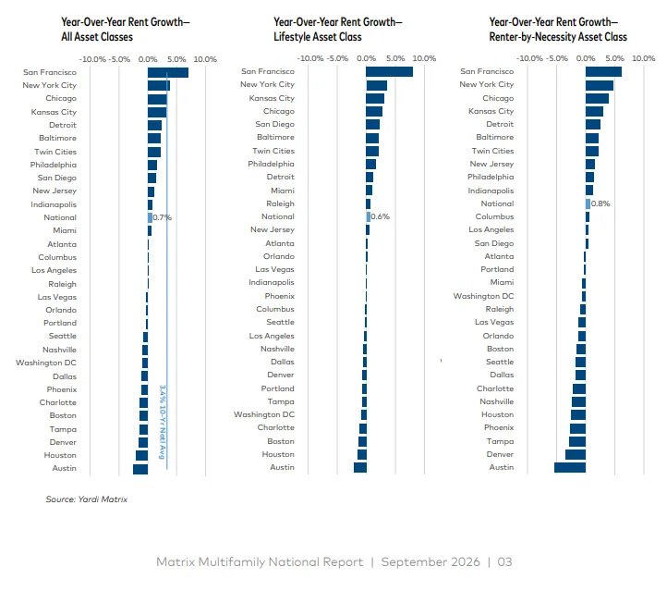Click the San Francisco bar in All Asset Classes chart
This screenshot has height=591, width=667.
point(168,72)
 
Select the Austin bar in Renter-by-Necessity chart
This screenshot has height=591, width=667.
point(570,467)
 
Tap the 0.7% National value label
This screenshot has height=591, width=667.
point(162,217)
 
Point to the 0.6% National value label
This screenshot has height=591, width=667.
point(381,216)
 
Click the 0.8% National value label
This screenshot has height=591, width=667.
point(600,203)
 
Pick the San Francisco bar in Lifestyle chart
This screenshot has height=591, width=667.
point(389,71)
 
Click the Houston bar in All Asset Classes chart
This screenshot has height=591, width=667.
point(141,456)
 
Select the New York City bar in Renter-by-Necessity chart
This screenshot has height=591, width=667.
point(600,85)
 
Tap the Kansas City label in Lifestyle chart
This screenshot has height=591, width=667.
point(272,98)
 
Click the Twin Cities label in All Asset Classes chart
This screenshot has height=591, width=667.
point(55,152)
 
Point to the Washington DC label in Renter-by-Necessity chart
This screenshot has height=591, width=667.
point(484,296)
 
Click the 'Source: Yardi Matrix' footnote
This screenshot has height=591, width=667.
point(87,499)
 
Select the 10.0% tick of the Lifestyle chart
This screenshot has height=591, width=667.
point(424,58)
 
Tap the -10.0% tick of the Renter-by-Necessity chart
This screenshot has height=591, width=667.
point(529,58)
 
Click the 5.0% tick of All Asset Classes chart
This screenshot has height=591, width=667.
point(176,59)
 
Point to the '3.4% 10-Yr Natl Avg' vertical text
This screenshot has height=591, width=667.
point(162,422)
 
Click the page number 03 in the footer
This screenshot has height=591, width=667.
point(505,562)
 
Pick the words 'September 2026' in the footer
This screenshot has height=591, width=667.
point(431,562)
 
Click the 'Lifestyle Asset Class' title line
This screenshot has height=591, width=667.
point(318,37)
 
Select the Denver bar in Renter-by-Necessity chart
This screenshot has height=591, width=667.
point(576,455)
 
